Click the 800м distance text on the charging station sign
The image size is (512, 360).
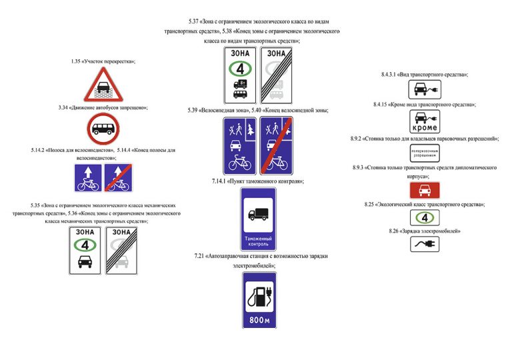259,320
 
